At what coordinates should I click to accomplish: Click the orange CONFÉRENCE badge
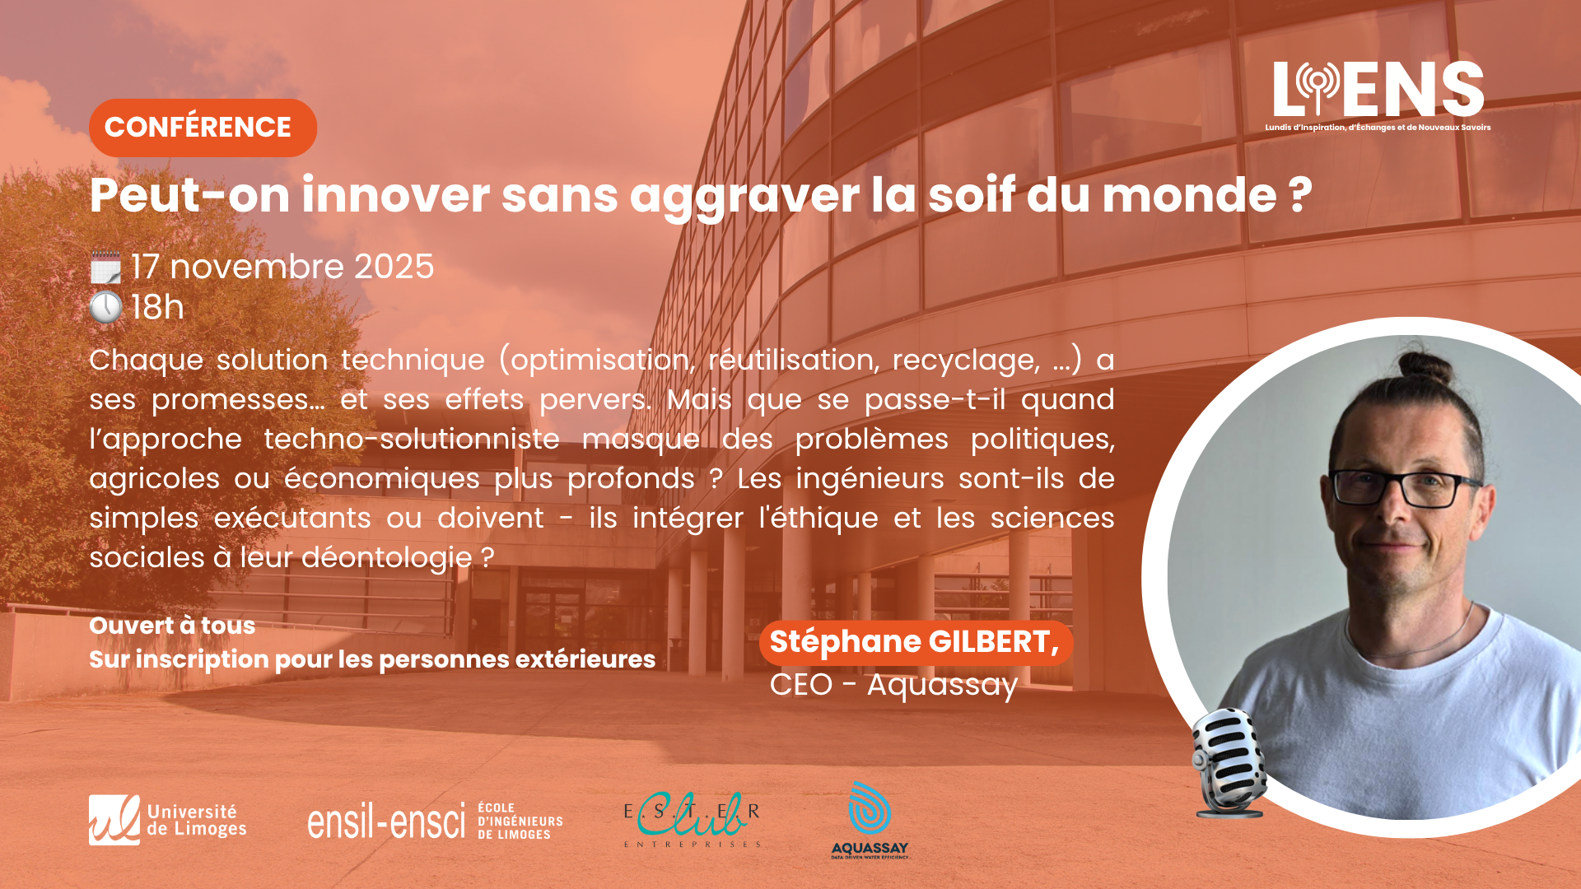[203, 128]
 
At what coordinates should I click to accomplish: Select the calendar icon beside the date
[105, 268]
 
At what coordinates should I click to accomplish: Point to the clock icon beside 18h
[105, 308]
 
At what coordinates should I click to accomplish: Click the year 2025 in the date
[394, 267]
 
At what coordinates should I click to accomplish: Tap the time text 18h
[157, 308]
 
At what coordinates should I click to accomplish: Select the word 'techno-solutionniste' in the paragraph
[412, 439]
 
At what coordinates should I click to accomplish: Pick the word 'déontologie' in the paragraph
[387, 558]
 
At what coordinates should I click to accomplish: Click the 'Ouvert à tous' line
[172, 626]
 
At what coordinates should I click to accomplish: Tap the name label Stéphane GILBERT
[916, 642]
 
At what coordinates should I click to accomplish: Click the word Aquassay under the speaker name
[942, 685]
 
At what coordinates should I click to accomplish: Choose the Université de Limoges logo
[168, 820]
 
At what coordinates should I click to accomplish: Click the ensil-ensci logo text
[386, 822]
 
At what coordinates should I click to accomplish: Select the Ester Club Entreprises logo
[692, 820]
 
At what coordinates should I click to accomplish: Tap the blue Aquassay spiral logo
[870, 808]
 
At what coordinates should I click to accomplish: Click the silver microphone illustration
[1229, 762]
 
